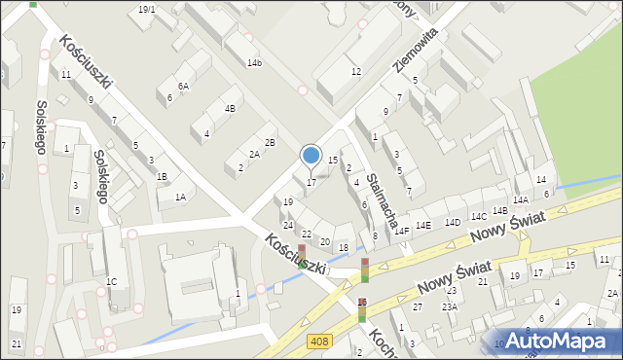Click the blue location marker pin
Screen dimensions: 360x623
(x=311, y=156)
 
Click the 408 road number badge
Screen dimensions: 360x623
(x=318, y=341)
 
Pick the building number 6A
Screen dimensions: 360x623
(x=183, y=87)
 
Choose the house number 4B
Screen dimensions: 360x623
(x=230, y=109)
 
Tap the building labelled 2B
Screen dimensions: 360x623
(x=271, y=143)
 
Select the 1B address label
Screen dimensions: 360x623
(x=163, y=176)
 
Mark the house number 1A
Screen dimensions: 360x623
(x=180, y=197)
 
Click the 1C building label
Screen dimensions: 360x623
(x=112, y=281)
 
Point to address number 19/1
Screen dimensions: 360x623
(x=146, y=9)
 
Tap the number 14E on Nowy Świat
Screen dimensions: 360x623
(x=423, y=226)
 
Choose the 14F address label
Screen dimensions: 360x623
(x=401, y=232)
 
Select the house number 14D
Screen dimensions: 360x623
(x=453, y=222)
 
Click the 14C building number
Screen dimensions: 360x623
(x=478, y=216)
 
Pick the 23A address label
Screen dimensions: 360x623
(x=449, y=306)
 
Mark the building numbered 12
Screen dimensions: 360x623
(x=356, y=72)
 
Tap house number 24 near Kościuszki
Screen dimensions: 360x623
(x=288, y=225)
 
